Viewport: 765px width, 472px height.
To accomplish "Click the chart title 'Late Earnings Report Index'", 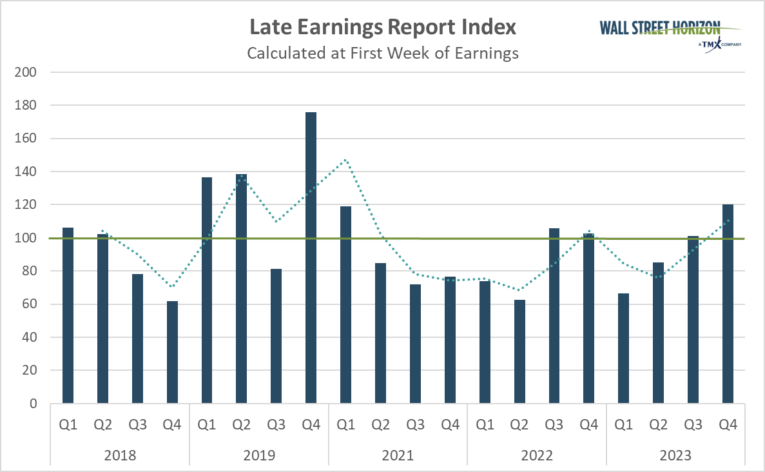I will pos(383,27).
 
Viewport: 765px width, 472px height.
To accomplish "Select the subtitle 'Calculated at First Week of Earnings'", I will pos(383,53).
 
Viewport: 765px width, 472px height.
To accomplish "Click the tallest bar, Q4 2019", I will pos(311,258).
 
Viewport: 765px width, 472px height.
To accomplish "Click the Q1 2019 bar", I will pos(207,290).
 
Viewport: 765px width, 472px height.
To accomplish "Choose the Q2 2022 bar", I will pos(519,351).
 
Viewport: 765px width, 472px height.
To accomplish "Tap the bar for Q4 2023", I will pos(728,304).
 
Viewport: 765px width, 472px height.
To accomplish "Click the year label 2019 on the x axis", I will pos(259,455).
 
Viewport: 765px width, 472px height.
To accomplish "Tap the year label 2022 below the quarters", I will pos(537,455).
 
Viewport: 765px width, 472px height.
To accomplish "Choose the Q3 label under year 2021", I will pos(415,425).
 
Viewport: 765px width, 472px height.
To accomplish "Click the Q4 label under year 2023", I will pos(728,425).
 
